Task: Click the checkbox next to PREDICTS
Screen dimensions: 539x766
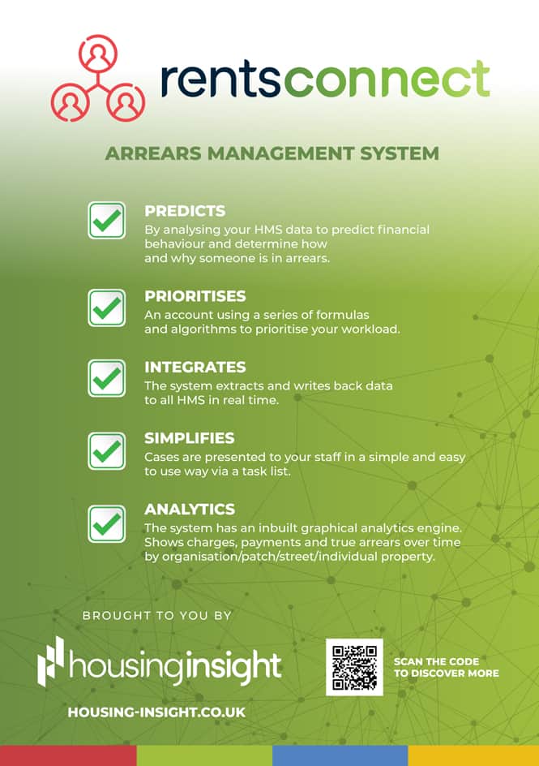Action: click(106, 221)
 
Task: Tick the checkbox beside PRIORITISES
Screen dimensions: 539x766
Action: click(106, 308)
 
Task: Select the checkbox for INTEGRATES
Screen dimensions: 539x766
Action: click(106, 379)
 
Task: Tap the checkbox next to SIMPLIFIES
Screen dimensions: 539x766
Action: click(106, 451)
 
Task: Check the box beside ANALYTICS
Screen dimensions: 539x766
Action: click(106, 523)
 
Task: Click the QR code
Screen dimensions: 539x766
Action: click(355, 667)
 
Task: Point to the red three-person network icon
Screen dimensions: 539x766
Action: click(98, 78)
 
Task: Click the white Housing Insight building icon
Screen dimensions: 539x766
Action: click(51, 661)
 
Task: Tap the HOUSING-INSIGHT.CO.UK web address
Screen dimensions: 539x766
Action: click(156, 712)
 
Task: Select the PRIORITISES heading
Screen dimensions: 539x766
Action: click(195, 296)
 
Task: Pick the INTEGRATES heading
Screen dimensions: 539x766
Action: click(195, 367)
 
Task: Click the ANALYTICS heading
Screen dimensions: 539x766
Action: click(190, 509)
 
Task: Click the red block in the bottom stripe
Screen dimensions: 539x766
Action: click(68, 755)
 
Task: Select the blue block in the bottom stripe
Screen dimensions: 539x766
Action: click(340, 755)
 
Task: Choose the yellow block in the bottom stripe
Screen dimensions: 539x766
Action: click(473, 755)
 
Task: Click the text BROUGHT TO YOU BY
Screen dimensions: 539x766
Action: click(156, 616)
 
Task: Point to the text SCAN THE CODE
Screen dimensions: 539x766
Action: click(437, 661)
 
